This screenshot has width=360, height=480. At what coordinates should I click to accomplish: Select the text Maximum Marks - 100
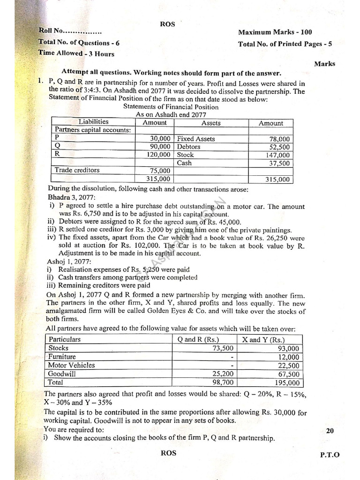coord(275,32)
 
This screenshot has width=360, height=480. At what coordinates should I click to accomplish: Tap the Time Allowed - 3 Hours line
coord(76,53)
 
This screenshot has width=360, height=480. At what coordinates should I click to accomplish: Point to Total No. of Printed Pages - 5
coord(285,44)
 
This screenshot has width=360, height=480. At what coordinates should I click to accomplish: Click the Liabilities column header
coord(93,122)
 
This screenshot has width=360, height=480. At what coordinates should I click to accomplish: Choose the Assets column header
coord(211,123)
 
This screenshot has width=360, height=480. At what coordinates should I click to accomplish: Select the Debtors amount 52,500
coord(280,147)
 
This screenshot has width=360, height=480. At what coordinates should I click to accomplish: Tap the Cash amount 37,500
coord(280,164)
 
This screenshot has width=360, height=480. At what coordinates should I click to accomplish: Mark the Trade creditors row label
coord(77,170)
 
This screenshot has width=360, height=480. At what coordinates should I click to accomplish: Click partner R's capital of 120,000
coord(157,154)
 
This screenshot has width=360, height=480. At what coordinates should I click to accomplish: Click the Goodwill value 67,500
coord(287,374)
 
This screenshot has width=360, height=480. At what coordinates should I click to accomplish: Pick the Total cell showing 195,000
coord(286,383)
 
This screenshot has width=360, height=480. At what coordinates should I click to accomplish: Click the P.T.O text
coord(330,454)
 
